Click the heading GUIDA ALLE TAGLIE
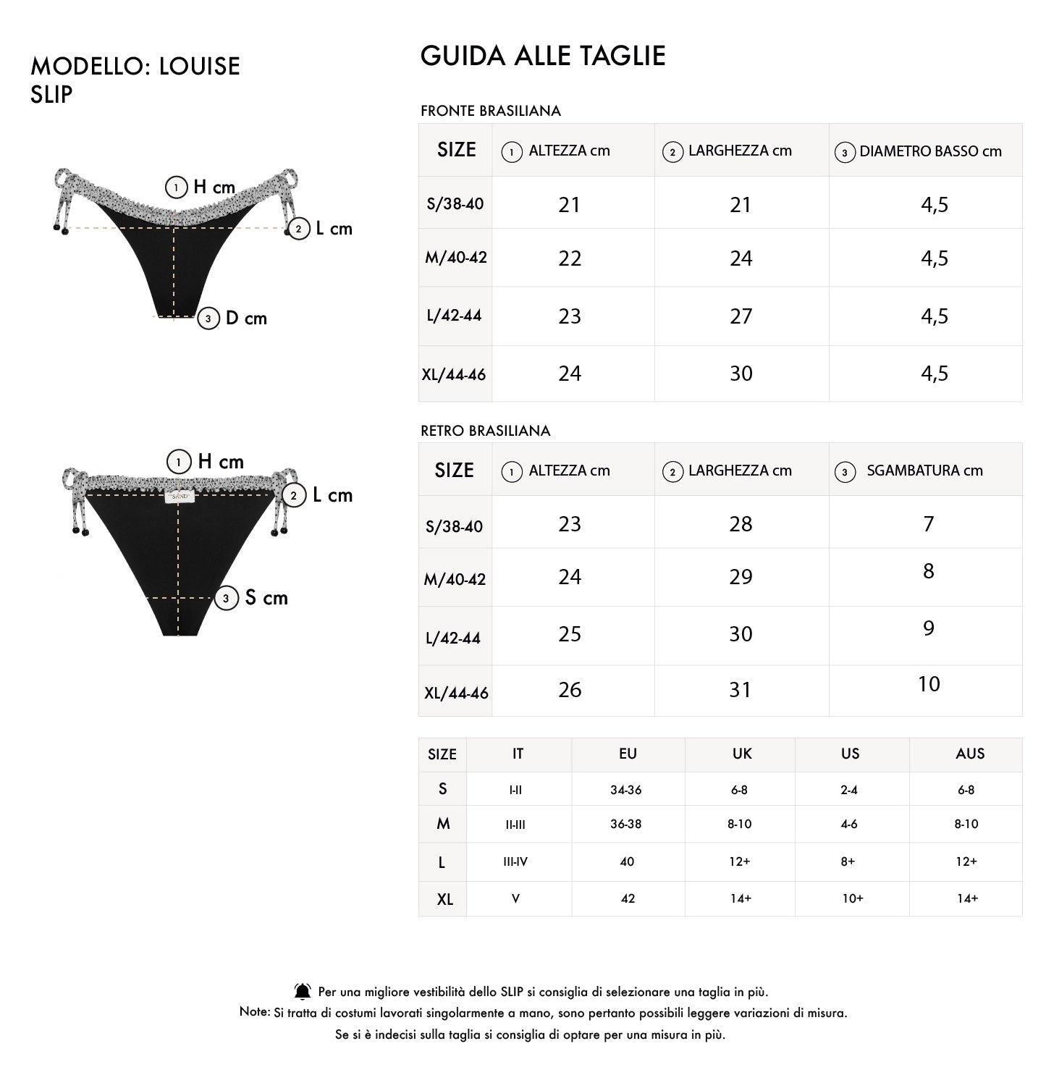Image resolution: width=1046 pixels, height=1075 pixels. (543, 56)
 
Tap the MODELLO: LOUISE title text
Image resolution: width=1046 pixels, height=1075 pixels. (135, 67)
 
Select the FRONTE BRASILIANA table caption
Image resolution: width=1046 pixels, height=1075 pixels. (491, 111)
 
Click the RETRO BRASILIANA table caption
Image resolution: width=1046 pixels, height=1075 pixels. (485, 431)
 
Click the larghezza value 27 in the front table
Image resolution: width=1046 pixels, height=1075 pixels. (741, 316)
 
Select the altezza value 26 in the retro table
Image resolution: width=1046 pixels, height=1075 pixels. (570, 690)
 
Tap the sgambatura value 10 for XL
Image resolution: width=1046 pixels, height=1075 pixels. (929, 684)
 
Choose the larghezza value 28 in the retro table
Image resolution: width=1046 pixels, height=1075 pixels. (741, 524)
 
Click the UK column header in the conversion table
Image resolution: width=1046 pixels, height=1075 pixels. (742, 754)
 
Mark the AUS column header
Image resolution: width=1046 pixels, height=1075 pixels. (970, 754)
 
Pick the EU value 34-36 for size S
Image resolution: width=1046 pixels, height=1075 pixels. (626, 790)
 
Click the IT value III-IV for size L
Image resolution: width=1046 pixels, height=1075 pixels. (515, 861)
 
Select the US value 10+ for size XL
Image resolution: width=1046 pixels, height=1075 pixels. (852, 898)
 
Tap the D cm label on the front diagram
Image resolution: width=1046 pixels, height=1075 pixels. (246, 319)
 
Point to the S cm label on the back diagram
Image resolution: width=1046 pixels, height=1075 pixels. (266, 598)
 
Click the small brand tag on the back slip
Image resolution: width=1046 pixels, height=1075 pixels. (179, 497)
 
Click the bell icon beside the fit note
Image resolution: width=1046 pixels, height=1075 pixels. (303, 992)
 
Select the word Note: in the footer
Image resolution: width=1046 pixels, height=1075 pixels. (255, 1012)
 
